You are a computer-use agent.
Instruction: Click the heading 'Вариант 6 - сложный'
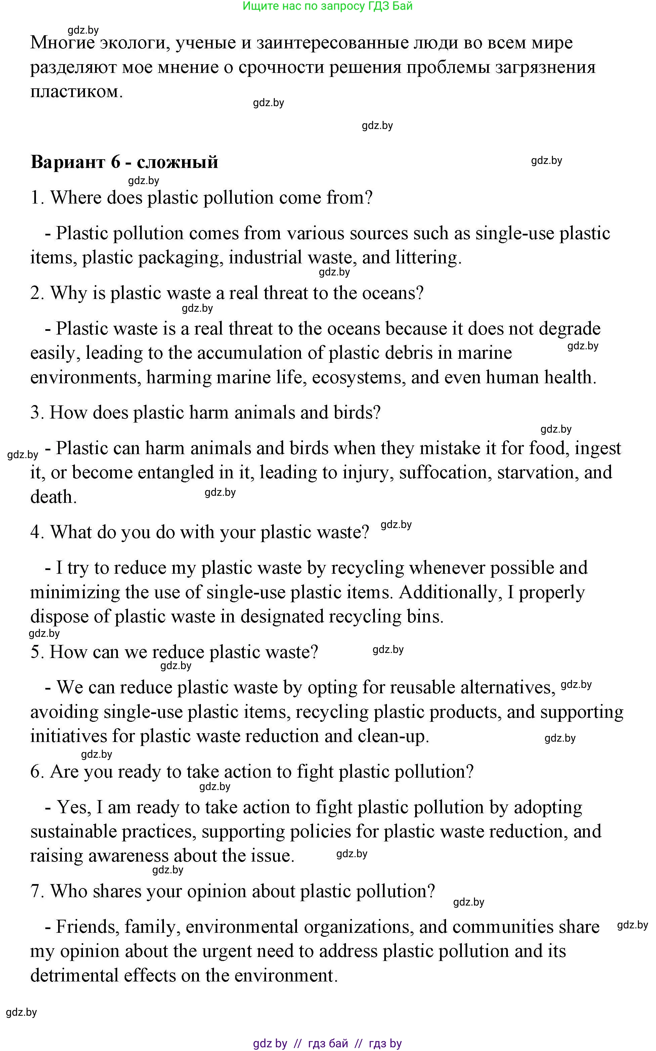point(124,162)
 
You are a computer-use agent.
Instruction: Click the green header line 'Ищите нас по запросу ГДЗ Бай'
point(327,6)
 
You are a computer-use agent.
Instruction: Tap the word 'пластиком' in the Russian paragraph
point(76,91)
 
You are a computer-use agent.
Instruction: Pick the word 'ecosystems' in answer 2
point(358,377)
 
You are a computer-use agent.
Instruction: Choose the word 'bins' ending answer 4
point(426,617)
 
